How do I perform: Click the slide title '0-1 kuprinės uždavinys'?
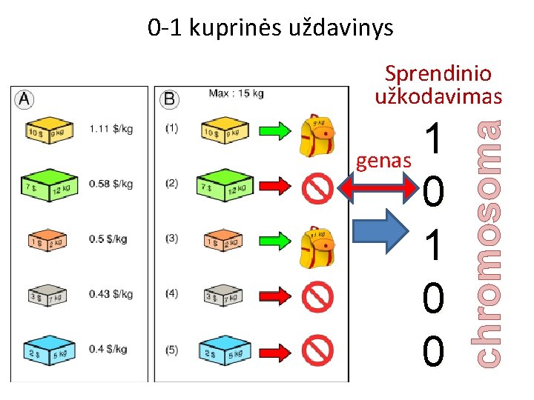click(270, 28)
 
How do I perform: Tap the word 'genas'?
click(383, 161)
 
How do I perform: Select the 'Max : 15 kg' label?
click(236, 93)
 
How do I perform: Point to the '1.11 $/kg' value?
click(111, 129)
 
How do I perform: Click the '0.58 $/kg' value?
click(111, 184)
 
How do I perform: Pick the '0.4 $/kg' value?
click(108, 349)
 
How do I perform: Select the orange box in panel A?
click(47, 239)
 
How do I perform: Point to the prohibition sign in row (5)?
click(318, 350)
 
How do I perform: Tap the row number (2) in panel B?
click(172, 184)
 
